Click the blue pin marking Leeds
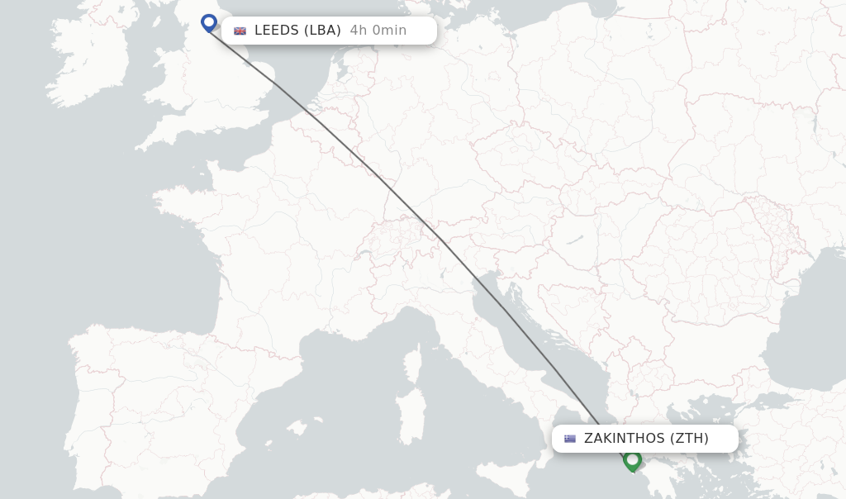(208, 22)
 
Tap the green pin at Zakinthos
(633, 459)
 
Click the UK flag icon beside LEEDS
(240, 31)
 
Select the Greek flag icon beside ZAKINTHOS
(570, 439)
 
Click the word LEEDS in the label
(276, 31)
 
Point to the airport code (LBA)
(322, 31)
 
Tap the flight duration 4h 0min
(378, 31)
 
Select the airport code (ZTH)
(689, 439)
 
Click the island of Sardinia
(410, 409)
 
